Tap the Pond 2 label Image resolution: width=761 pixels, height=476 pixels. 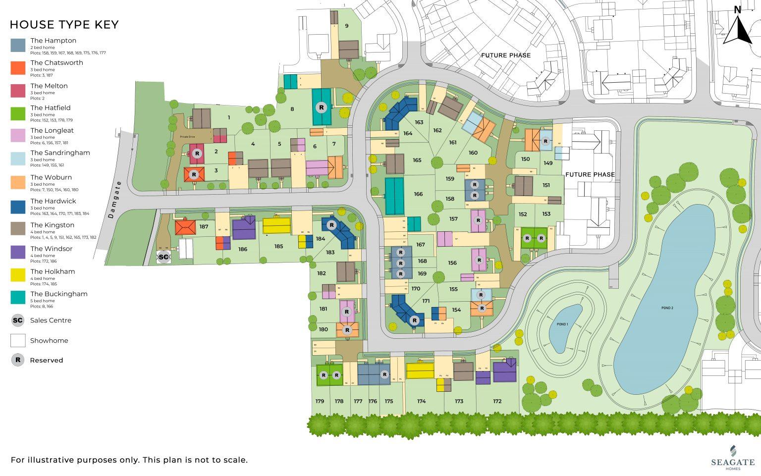[667, 308]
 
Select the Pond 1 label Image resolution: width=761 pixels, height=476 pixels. [562, 324]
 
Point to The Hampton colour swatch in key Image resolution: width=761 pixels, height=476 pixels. [18, 45]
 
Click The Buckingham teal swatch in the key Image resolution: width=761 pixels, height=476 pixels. [18, 297]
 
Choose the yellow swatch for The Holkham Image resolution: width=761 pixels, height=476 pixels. [18, 275]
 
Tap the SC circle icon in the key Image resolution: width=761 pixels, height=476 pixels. [18, 320]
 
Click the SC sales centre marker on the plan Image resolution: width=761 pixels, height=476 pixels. [163, 257]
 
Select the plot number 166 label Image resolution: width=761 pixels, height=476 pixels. [419, 194]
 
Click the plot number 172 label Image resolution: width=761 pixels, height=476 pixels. [497, 401]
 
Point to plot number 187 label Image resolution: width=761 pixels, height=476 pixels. [204, 227]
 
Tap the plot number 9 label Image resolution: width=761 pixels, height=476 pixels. [347, 26]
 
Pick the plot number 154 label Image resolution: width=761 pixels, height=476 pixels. [456, 310]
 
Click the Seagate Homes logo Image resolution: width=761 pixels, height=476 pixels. [733, 458]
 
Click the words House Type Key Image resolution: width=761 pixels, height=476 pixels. [64, 25]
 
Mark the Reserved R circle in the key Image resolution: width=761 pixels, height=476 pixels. [18, 360]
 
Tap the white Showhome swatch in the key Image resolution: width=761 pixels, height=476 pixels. [18, 340]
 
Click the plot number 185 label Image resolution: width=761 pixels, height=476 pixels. [279, 246]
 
